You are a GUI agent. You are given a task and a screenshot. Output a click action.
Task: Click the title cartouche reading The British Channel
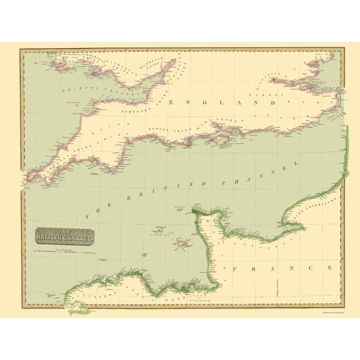(x=64, y=236)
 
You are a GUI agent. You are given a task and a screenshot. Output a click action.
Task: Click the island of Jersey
(x=182, y=243)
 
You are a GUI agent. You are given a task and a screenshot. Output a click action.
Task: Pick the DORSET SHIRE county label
(x=164, y=130)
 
